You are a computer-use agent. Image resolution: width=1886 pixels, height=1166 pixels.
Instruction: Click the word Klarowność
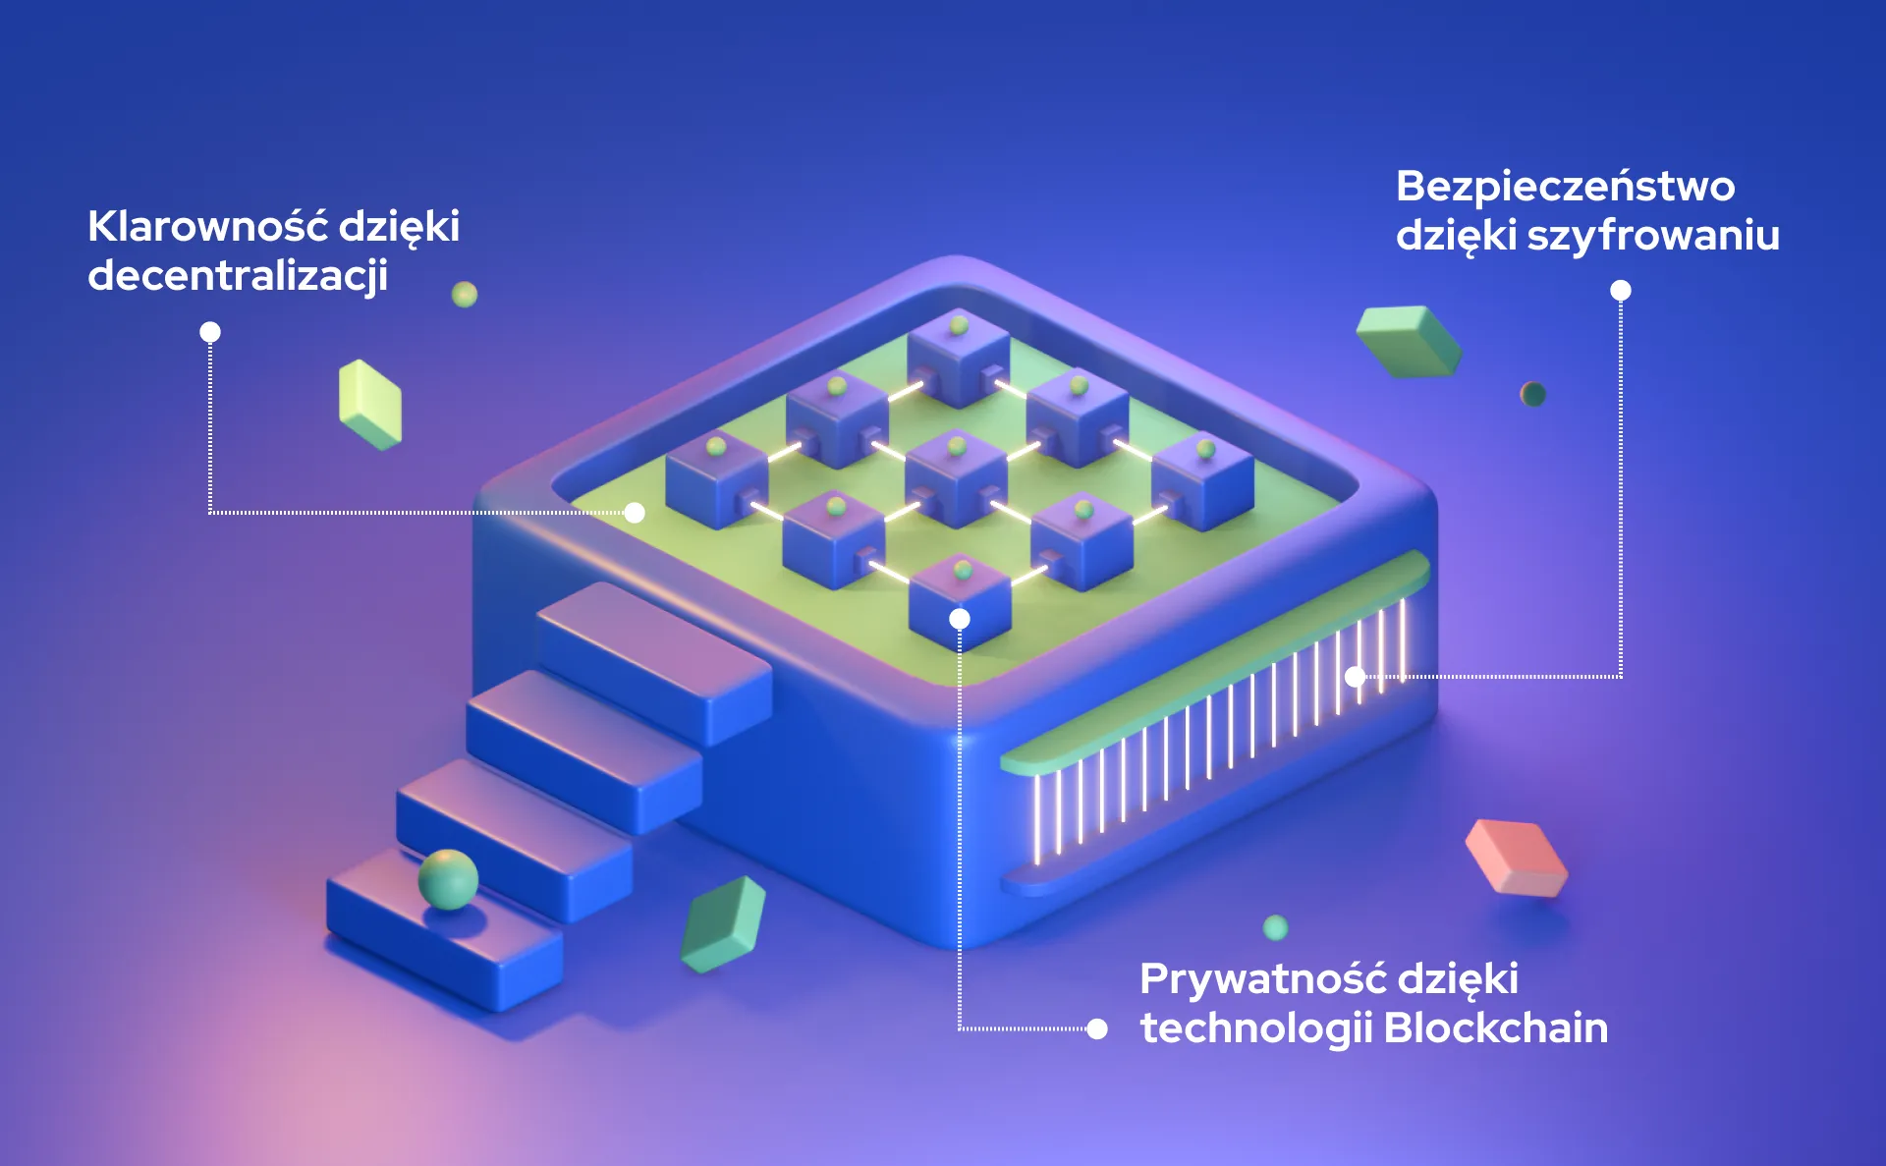pyautogui.click(x=206, y=227)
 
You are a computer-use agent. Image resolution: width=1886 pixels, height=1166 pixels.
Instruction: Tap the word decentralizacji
pyautogui.click(x=238, y=276)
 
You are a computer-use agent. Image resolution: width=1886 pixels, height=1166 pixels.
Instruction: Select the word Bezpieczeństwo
pyautogui.click(x=1565, y=187)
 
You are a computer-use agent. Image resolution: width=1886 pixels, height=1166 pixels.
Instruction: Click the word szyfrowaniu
pyautogui.click(x=1653, y=236)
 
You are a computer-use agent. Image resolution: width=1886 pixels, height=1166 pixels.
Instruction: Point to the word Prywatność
pyautogui.click(x=1262, y=979)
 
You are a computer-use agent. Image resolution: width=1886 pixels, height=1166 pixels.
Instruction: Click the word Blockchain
pyautogui.click(x=1495, y=1028)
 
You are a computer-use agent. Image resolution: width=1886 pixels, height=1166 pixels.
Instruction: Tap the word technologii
pyautogui.click(x=1255, y=1028)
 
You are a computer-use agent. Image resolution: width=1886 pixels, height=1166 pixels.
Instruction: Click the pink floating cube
pyautogui.click(x=1516, y=858)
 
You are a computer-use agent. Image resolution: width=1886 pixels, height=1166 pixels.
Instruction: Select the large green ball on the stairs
pyautogui.click(x=448, y=879)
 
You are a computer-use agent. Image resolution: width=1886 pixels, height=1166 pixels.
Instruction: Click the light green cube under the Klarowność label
pyautogui.click(x=370, y=404)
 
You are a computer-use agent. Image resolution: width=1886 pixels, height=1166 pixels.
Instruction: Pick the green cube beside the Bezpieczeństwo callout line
pyautogui.click(x=1409, y=341)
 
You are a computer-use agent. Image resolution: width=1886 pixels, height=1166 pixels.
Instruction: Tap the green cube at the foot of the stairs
pyautogui.click(x=723, y=924)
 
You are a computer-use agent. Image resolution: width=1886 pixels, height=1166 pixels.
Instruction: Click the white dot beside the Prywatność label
pyautogui.click(x=1097, y=1028)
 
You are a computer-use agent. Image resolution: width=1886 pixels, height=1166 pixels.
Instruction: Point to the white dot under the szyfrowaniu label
pyautogui.click(x=1621, y=291)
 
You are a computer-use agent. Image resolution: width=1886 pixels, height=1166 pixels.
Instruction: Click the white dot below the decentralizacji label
pyautogui.click(x=210, y=332)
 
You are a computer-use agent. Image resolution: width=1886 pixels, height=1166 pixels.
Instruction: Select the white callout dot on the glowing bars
pyautogui.click(x=1356, y=676)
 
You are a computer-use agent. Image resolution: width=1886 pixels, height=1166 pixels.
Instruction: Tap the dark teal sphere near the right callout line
pyautogui.click(x=1532, y=394)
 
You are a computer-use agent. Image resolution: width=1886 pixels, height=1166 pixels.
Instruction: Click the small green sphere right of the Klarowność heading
pyautogui.click(x=465, y=294)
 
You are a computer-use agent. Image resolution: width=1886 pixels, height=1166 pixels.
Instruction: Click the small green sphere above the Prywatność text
pyautogui.click(x=1275, y=927)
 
